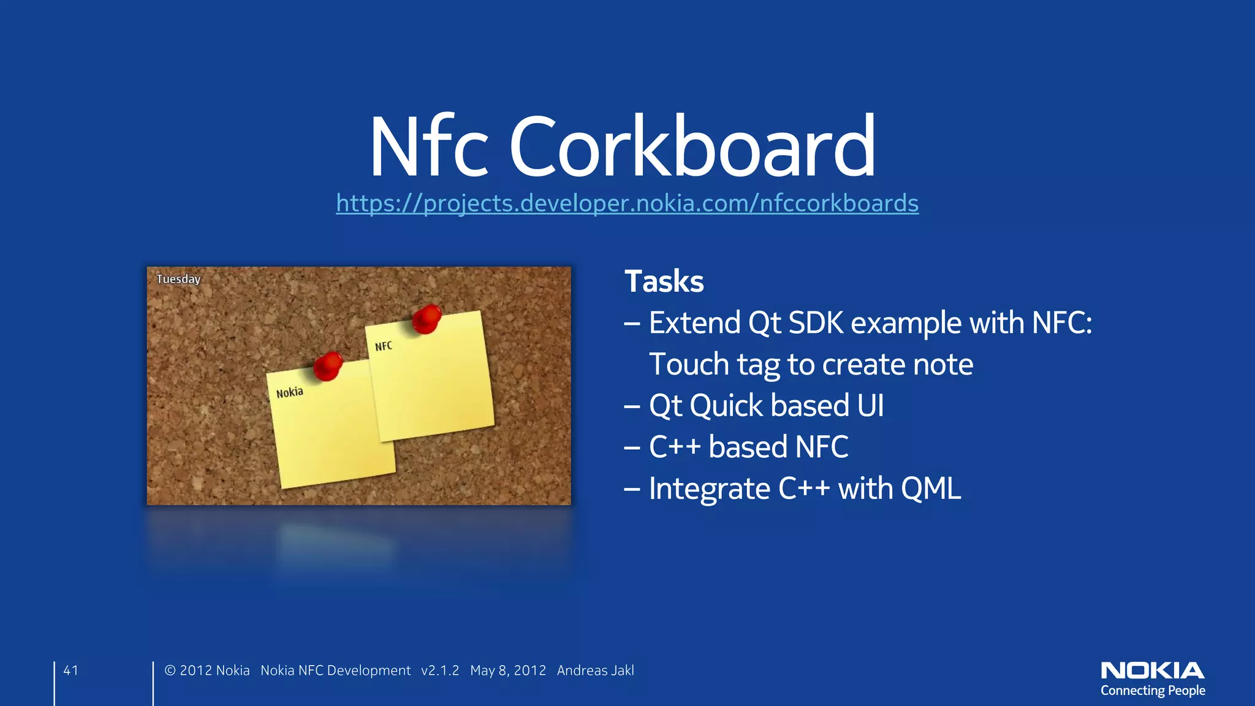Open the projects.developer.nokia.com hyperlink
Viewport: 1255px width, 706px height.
(627, 203)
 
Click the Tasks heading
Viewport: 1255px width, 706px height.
(664, 281)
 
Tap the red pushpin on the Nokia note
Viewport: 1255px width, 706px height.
(328, 365)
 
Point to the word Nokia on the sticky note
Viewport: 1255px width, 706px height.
(289, 392)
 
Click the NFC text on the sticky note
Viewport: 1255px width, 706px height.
(384, 346)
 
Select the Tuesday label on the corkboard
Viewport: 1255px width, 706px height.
(178, 279)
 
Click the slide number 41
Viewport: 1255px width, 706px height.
(71, 670)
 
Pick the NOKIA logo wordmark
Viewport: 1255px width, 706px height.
(1152, 670)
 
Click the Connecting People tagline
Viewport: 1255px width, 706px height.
(1152, 691)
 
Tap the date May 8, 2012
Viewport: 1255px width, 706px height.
(507, 670)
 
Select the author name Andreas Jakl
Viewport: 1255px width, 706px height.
(595, 670)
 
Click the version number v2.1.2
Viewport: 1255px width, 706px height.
(440, 670)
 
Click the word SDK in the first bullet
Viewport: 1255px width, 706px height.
(816, 323)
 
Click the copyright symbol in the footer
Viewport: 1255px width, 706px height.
(170, 670)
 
